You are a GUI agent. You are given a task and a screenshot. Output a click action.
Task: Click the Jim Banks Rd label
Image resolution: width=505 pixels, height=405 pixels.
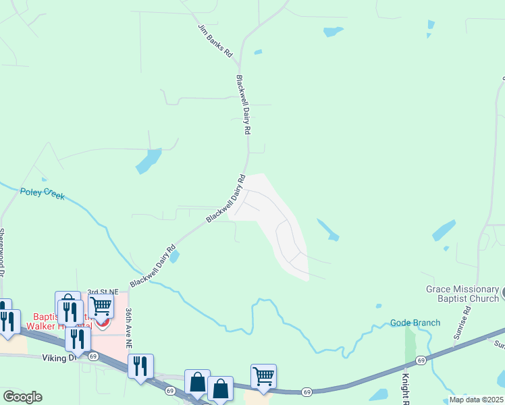point(215,41)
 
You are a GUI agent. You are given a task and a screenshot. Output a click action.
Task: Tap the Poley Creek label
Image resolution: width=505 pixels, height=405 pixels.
point(42,193)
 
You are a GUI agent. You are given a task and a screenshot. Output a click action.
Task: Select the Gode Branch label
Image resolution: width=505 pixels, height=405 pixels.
point(415,323)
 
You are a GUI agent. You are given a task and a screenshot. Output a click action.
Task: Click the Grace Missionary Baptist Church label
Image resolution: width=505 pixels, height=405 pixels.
point(462,294)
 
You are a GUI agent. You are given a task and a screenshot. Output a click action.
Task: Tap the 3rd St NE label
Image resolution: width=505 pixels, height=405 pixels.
point(103,292)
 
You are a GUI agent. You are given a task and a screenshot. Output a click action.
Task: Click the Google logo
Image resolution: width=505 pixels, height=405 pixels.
point(22,397)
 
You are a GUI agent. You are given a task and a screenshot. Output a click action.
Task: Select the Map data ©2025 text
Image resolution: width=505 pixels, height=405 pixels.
point(476,400)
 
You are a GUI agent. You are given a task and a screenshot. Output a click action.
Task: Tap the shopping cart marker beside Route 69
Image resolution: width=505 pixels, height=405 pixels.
point(263,375)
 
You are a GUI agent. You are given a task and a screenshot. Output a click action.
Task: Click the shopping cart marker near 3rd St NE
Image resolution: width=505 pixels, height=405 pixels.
point(101,306)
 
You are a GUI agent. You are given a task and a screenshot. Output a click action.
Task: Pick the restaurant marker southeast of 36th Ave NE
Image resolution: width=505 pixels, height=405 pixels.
point(141,366)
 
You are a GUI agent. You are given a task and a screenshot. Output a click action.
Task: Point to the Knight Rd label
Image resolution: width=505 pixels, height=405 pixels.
point(406,388)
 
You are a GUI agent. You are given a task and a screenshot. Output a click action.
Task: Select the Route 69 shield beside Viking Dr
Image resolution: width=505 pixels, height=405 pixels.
point(93,356)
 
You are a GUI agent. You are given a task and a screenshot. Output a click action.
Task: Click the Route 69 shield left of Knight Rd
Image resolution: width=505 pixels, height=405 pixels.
point(307,391)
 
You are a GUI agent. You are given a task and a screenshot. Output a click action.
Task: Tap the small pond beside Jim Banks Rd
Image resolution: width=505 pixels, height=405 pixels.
point(258,52)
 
